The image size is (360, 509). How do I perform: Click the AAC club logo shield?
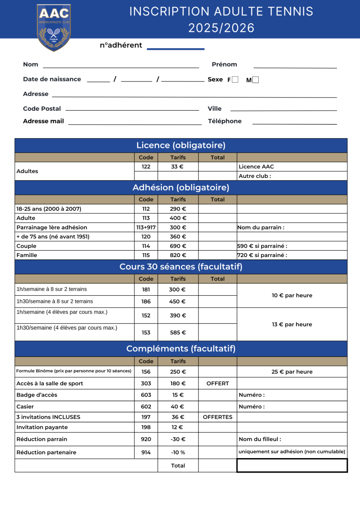coord(54,27)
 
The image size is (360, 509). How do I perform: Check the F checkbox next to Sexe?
coord(235,79)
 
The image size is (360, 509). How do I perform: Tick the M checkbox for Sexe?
coord(255,79)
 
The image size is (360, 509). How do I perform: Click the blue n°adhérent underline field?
coord(176,49)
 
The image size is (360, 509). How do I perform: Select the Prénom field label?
coord(224,64)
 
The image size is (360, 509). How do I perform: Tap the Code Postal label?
coord(42,109)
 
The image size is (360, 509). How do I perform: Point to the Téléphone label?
coord(225,121)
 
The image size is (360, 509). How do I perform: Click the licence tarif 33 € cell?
coord(178,167)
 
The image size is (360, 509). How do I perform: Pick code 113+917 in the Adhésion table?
coord(146,227)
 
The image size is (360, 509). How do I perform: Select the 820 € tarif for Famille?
coord(178,255)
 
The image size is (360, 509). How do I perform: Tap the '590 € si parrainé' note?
coord(262,246)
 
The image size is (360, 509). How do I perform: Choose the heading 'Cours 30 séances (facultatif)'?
coord(181,267)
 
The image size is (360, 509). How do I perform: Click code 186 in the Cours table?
coord(146,302)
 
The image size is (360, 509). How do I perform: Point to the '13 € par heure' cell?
coord(292,324)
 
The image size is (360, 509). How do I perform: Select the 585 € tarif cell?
coord(178,333)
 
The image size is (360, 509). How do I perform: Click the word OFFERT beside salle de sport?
coord(218,383)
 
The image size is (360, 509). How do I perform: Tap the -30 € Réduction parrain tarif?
coord(178,439)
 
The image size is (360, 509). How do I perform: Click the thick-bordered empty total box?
coord(292,465)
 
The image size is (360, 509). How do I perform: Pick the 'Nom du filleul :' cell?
coord(260,439)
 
